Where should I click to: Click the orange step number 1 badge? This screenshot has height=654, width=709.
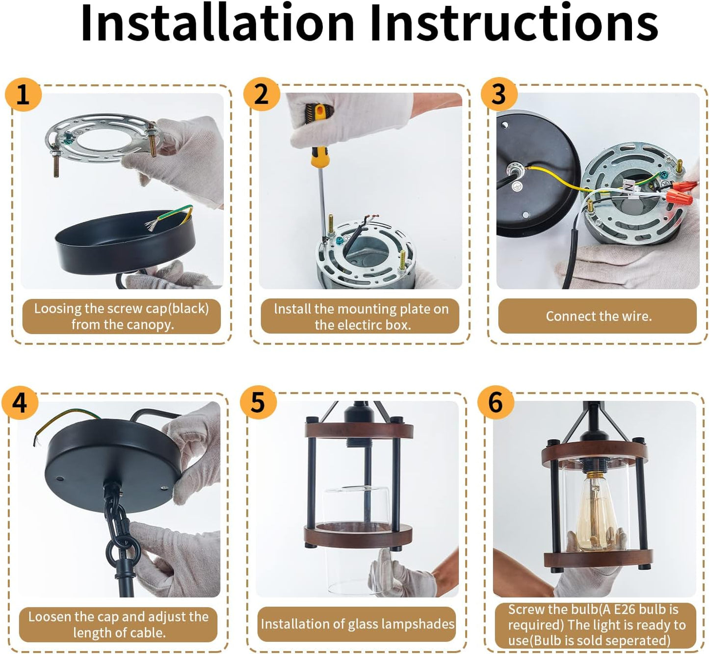click(x=23, y=95)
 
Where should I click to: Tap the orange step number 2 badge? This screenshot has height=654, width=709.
click(x=262, y=94)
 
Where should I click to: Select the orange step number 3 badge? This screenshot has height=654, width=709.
click(x=499, y=94)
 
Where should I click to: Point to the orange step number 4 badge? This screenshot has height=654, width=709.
click(x=20, y=403)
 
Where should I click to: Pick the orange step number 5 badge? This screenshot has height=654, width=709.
click(x=258, y=403)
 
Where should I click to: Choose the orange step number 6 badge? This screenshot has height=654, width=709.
click(x=496, y=403)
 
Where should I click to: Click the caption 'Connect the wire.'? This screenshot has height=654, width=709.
click(x=599, y=316)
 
